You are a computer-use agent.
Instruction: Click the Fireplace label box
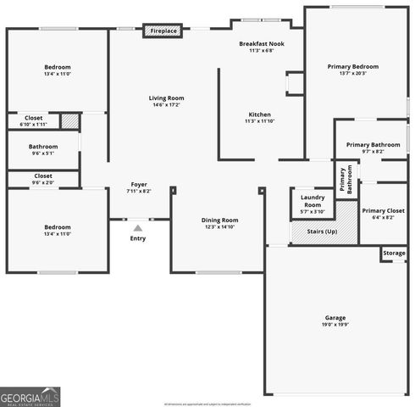pyautogui.click(x=163, y=31)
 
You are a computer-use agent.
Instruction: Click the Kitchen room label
pyautogui.click(x=259, y=117)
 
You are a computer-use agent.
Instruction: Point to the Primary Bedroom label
pyautogui.click(x=353, y=69)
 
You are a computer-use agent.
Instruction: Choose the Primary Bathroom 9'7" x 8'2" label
pyautogui.click(x=373, y=148)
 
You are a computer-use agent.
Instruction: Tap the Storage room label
pyautogui.click(x=394, y=253)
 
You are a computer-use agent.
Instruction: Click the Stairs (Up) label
pyautogui.click(x=315, y=231)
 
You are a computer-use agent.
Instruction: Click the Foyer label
pyautogui.click(x=138, y=187)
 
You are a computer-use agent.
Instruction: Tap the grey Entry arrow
pyautogui.click(x=137, y=226)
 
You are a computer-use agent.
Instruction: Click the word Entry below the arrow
pyautogui.click(x=137, y=238)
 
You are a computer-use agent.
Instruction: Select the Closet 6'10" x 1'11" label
pyautogui.click(x=34, y=120)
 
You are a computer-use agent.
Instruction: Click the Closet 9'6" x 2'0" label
pyautogui.click(x=42, y=179)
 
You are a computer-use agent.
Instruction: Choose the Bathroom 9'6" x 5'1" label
pyautogui.click(x=42, y=149)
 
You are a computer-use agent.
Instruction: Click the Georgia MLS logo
pyautogui.click(x=30, y=396)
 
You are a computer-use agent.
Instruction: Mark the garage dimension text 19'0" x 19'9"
pyautogui.click(x=335, y=325)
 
